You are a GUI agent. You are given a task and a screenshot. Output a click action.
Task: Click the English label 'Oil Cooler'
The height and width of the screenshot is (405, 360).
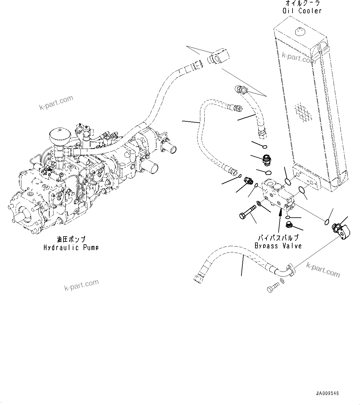(x=302, y=11)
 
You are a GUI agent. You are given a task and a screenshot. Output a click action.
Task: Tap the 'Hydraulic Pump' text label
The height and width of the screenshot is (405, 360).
(x=71, y=247)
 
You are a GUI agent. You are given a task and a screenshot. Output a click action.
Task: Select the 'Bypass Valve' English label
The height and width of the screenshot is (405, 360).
(x=278, y=246)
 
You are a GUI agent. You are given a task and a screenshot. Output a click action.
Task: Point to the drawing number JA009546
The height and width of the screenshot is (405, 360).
(x=327, y=393)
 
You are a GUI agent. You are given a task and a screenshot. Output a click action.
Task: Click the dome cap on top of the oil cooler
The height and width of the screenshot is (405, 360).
(x=299, y=31)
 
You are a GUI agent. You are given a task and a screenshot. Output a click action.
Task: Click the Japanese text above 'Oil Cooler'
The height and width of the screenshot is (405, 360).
(x=302, y=3)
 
